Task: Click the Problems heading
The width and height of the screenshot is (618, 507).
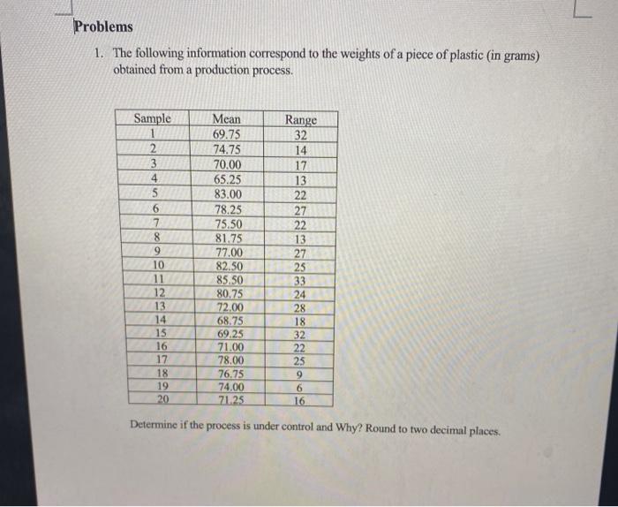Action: tap(103, 26)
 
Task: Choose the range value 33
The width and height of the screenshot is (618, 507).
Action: tap(300, 280)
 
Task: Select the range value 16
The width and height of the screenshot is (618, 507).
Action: tap(300, 399)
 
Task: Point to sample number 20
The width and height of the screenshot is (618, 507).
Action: tap(161, 398)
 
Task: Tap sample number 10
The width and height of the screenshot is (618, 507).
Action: tap(159, 265)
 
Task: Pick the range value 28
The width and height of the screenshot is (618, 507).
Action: tap(300, 307)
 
